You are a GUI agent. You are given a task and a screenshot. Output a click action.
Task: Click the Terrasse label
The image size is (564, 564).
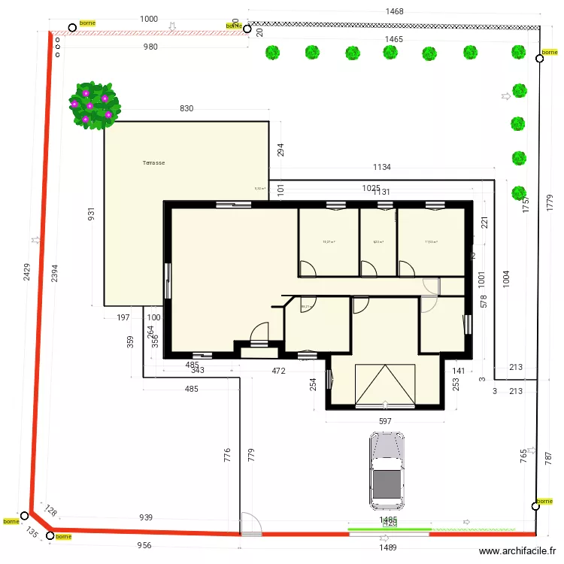(x=153, y=162)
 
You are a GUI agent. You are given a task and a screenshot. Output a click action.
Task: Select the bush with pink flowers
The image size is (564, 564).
(x=94, y=105)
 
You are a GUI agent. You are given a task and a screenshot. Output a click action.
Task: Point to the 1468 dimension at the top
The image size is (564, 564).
(x=394, y=11)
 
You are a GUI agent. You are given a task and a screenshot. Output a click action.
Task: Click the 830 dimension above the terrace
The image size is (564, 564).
(x=186, y=109)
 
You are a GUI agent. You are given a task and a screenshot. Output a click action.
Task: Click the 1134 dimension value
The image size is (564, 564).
(x=382, y=167)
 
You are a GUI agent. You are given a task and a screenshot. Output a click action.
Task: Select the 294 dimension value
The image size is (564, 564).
(x=280, y=150)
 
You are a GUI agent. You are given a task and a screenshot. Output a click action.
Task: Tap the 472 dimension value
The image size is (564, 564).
(x=278, y=371)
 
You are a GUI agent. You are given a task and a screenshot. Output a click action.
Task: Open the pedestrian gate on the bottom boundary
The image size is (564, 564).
(x=251, y=525)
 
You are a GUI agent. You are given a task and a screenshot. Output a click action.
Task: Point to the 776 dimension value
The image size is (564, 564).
(x=227, y=455)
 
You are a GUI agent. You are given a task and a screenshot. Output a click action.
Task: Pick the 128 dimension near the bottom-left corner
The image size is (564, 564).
(x=51, y=511)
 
